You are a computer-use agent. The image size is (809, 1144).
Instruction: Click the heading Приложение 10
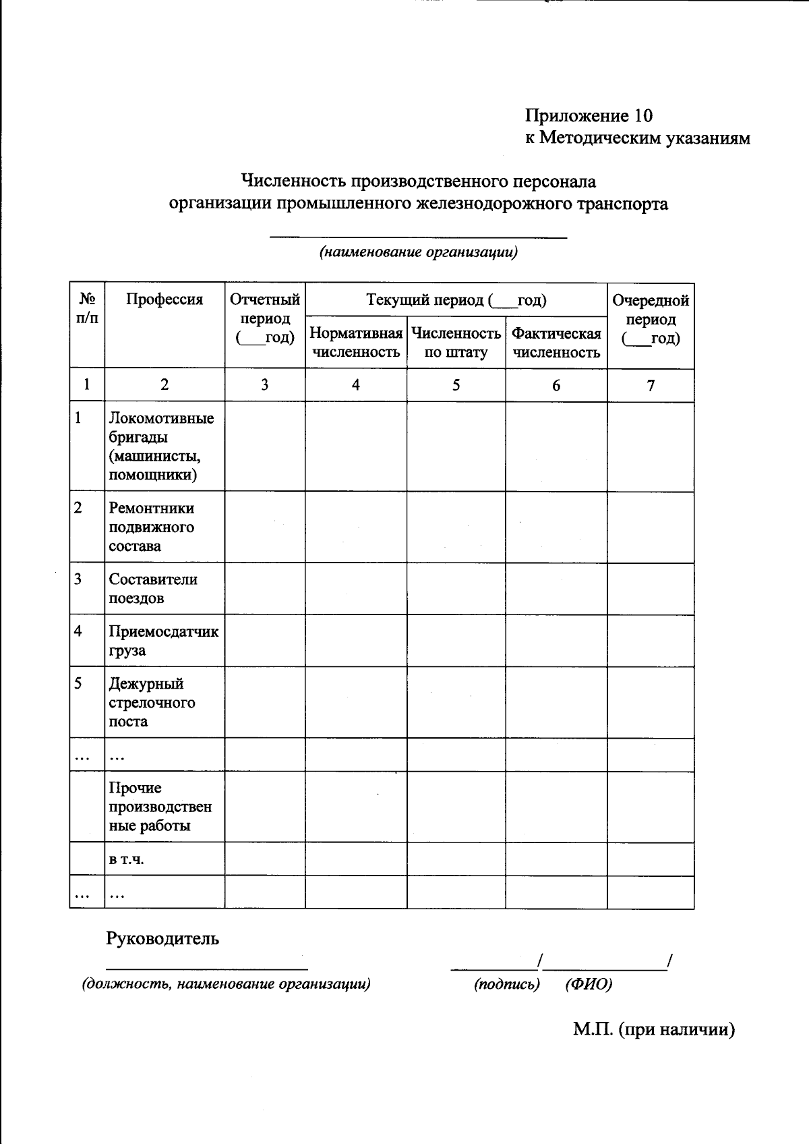tap(589, 116)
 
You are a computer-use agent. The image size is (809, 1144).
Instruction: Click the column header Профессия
tap(164, 299)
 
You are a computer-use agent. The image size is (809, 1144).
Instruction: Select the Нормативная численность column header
tap(356, 343)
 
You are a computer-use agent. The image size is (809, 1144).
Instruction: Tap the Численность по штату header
tap(456, 343)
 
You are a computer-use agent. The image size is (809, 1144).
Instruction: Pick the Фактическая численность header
tap(556, 343)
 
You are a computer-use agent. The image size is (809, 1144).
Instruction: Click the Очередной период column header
tap(651, 319)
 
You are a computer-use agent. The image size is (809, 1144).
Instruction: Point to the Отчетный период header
tap(265, 318)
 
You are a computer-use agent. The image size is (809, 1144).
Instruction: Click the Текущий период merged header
tap(456, 299)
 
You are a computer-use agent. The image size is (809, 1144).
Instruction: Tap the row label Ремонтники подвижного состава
tap(152, 527)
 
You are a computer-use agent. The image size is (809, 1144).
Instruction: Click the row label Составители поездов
tap(153, 588)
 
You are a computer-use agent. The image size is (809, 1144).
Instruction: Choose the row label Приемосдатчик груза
tap(164, 641)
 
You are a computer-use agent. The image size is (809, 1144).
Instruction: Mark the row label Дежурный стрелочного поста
tap(152, 702)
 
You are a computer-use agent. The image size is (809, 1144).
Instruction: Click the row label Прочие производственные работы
tap(160, 807)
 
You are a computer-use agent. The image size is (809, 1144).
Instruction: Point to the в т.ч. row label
tap(127, 859)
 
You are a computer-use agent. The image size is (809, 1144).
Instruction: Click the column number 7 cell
tap(651, 385)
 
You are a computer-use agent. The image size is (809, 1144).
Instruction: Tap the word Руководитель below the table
tap(162, 938)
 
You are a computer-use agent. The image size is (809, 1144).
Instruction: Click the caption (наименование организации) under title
tap(418, 253)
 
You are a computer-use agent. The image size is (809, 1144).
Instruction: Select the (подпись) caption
tap(507, 984)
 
